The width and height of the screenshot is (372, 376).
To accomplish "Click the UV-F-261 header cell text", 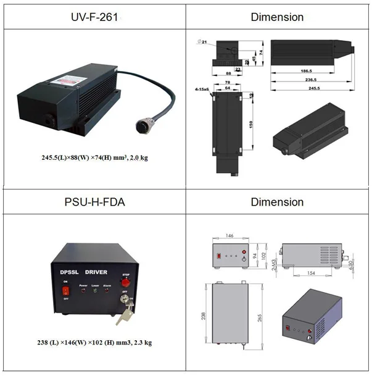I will pos(93,17).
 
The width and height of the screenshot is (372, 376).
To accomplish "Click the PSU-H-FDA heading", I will pos(93,202).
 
